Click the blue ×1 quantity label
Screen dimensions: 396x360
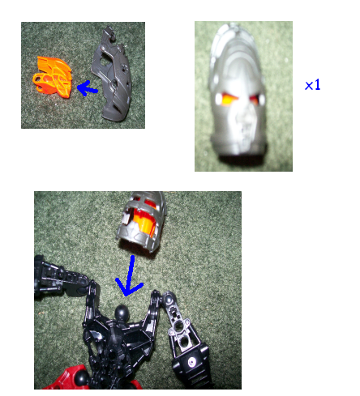tap(312, 84)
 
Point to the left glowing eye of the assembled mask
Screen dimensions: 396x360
tap(224, 100)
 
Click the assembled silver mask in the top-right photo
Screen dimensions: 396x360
tap(241, 93)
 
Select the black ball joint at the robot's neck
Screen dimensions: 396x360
tap(122, 311)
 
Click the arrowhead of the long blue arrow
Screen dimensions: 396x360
tap(127, 287)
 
